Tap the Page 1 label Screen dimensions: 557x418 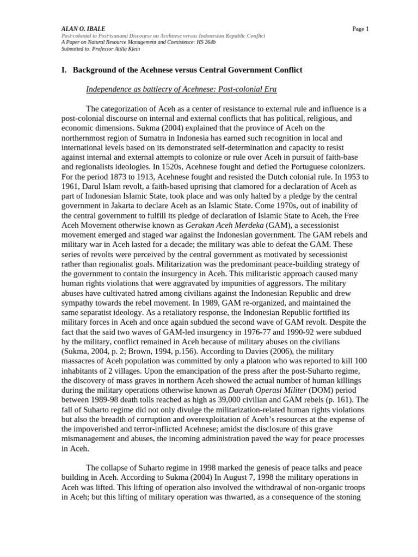(360, 29)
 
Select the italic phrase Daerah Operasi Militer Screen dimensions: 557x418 (259, 390)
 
